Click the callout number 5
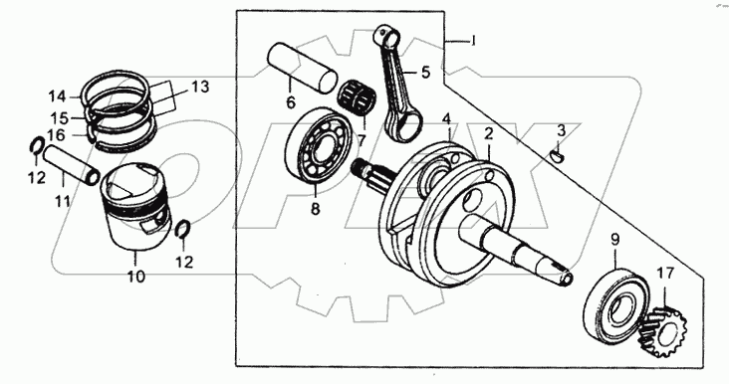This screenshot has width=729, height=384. (x=426, y=73)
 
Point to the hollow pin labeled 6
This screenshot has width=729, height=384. (x=302, y=67)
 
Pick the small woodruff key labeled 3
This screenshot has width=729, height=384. (x=557, y=154)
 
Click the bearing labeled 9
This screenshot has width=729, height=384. (x=615, y=306)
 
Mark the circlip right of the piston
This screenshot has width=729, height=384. (x=182, y=229)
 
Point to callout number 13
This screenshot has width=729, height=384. (x=200, y=87)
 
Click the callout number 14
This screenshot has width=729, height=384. (x=58, y=97)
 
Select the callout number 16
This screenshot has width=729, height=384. (x=56, y=135)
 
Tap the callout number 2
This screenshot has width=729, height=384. (x=488, y=134)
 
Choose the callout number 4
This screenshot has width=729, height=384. (x=446, y=118)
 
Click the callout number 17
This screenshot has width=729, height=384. (x=665, y=274)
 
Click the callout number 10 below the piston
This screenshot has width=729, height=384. (x=136, y=277)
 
